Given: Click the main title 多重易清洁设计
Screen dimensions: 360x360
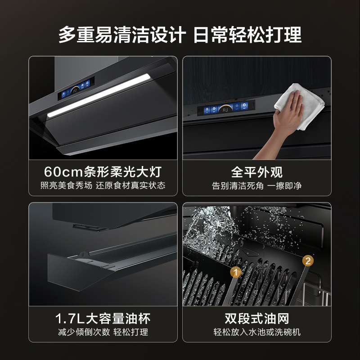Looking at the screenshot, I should coord(121,35).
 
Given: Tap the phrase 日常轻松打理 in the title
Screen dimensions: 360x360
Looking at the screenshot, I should coord(247,35).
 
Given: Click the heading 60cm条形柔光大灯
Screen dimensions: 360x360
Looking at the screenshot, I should coord(103,172).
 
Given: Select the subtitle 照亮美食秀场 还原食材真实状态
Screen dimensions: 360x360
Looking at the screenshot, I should coord(103,185).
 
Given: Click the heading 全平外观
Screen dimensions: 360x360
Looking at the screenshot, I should coord(256,172).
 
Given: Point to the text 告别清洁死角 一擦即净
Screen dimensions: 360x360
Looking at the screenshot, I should coord(256,185).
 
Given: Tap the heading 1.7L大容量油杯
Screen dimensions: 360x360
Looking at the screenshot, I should coord(103,319).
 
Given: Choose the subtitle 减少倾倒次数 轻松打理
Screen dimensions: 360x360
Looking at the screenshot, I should coord(103,333).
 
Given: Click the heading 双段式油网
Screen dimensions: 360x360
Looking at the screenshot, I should coord(256,319).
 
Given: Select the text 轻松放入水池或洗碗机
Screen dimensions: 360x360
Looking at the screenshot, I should coord(256,333).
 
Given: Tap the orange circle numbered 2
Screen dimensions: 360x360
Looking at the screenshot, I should coord(308,260).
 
